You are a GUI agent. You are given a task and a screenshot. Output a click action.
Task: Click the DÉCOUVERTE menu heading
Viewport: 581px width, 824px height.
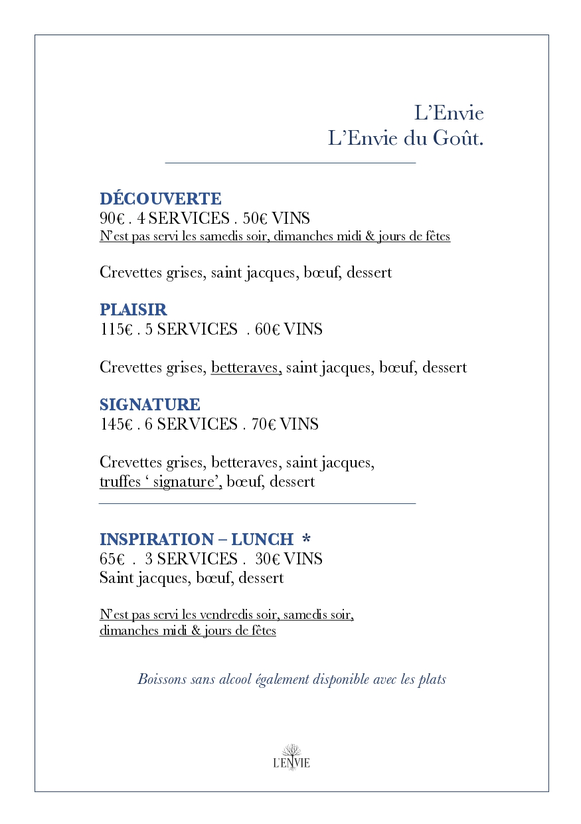pos(160,199)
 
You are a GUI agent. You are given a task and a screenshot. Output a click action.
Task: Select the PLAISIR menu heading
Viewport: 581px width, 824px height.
pos(133,309)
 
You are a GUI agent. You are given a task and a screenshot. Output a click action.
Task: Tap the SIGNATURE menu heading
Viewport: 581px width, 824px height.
pos(149,404)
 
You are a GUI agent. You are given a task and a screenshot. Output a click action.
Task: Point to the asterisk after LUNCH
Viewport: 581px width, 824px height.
pos(306,538)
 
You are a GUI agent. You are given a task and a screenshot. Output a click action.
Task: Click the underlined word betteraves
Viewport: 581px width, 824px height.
pos(246,367)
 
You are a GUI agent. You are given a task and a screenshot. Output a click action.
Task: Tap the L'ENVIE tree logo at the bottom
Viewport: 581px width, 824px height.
pos(291,757)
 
